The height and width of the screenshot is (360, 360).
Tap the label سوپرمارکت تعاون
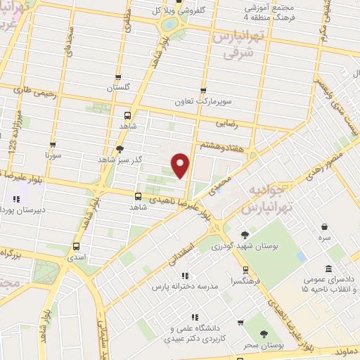pos(203,101)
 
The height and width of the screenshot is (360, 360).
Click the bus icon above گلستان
pos(118,77)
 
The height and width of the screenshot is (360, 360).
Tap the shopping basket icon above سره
pos(324,226)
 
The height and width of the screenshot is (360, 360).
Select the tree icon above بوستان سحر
pos(264,335)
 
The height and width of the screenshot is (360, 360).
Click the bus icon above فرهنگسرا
pos(245,269)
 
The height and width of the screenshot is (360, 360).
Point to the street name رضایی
pos(244,122)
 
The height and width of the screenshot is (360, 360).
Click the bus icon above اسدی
pos(76,247)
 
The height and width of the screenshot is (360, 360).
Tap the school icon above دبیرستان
pos(16,199)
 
